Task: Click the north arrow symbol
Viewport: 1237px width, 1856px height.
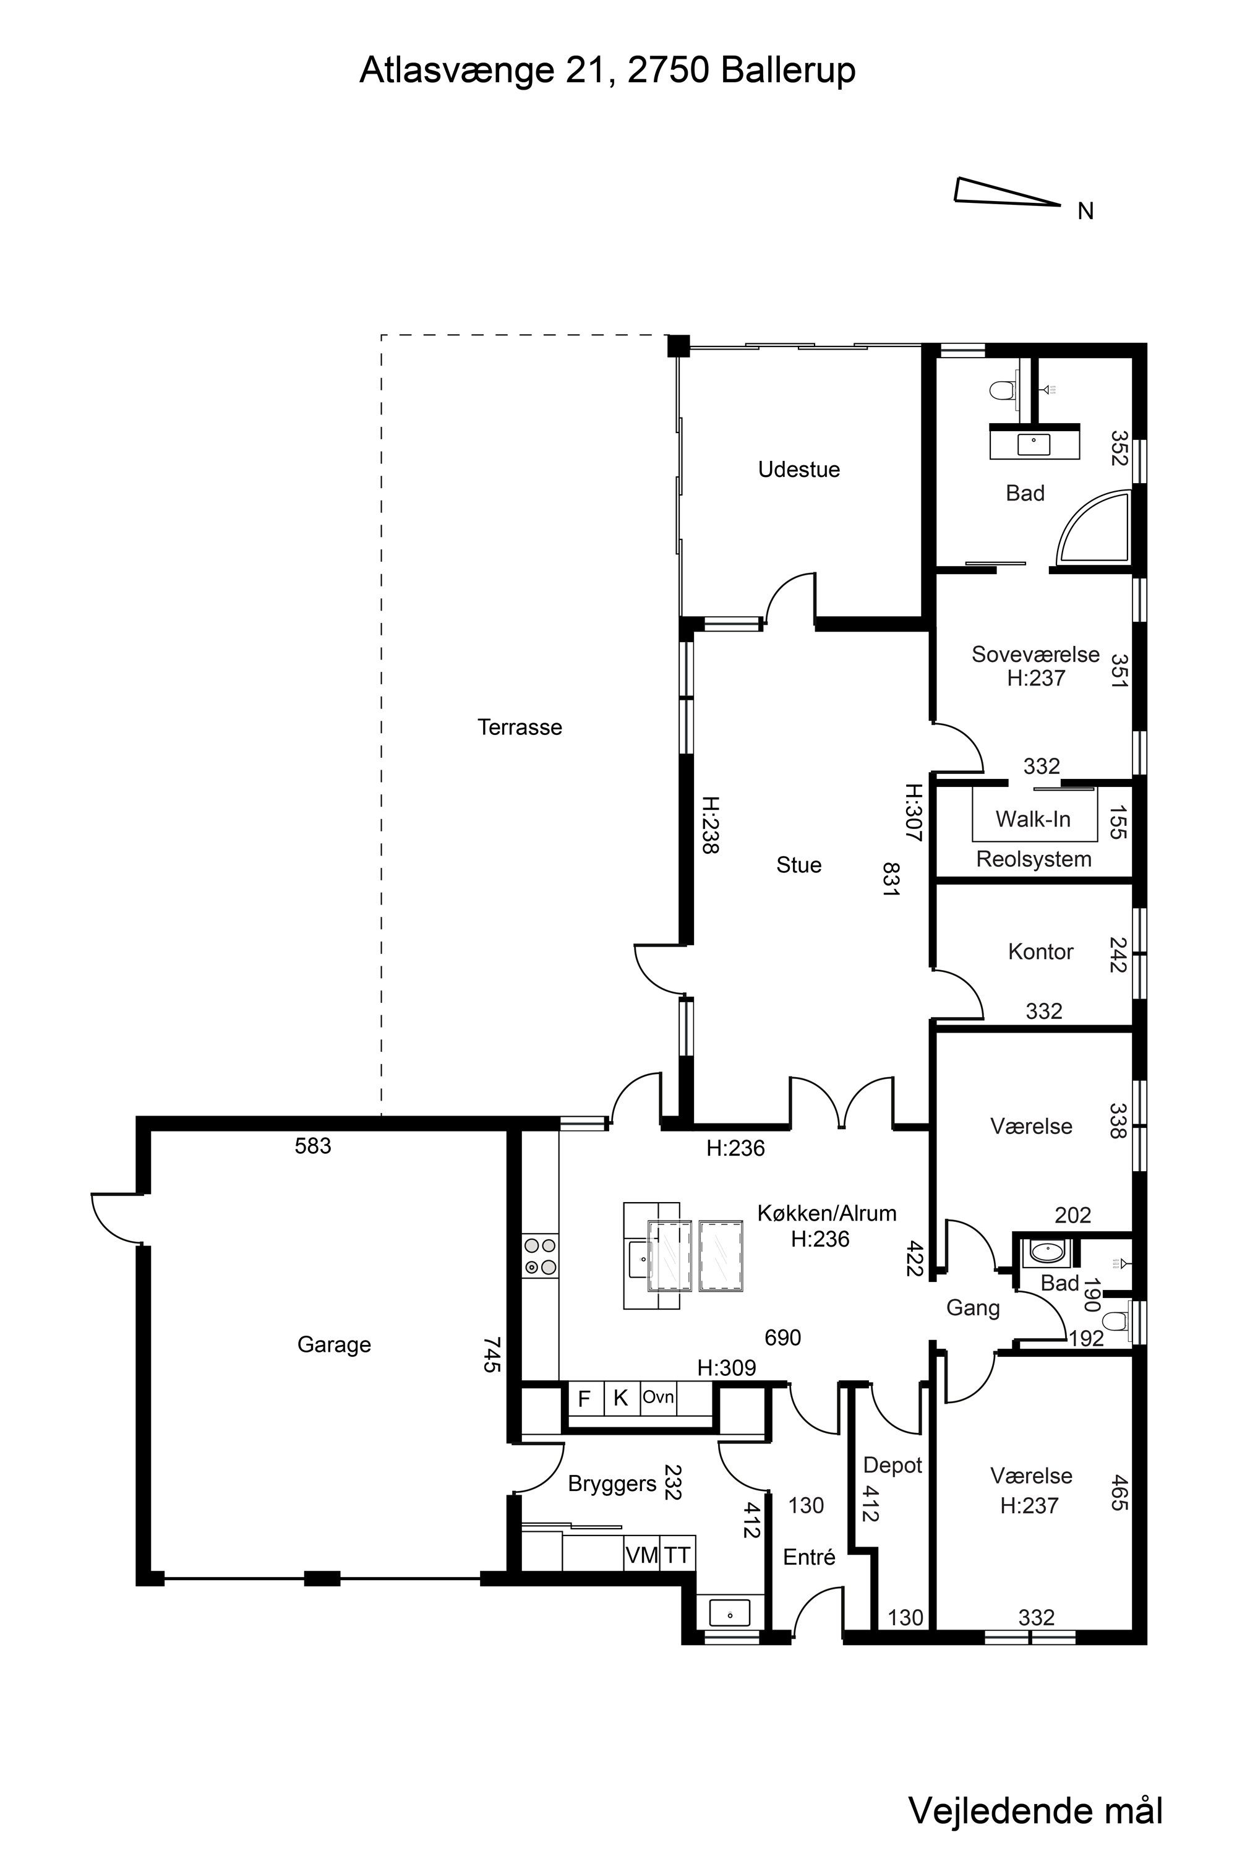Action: point(1007,192)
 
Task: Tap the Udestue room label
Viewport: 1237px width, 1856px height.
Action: point(798,470)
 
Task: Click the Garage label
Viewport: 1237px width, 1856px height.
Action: point(334,1344)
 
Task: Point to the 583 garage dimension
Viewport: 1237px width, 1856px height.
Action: point(312,1146)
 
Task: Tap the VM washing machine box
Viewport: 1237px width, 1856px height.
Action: point(641,1555)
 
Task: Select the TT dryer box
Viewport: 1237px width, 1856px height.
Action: point(677,1555)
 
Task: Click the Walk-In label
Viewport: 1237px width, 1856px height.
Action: point(1033,818)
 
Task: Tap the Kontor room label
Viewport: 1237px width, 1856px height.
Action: point(1040,951)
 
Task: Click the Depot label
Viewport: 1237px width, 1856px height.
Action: point(892,1466)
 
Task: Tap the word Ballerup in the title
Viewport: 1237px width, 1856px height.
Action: point(787,71)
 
